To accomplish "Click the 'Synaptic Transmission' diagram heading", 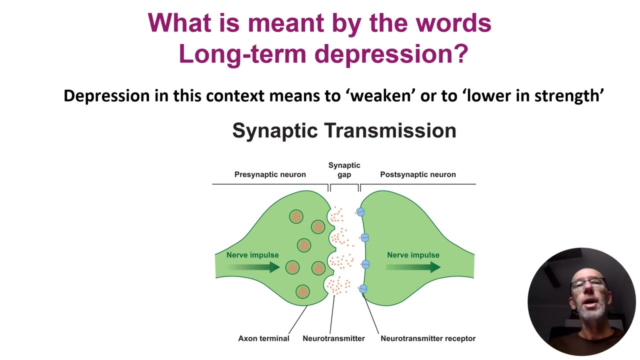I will tap(344, 130).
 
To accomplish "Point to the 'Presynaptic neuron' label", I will tap(270, 174).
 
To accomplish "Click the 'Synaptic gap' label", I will tap(344, 169).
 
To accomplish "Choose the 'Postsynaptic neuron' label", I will tap(417, 174).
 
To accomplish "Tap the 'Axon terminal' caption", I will tap(263, 338).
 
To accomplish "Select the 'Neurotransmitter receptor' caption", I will tap(428, 338).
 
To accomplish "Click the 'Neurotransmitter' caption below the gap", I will tap(333, 338).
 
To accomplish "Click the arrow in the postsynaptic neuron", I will tap(413, 267).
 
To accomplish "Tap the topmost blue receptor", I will tap(360, 212).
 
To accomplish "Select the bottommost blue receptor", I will tap(363, 288).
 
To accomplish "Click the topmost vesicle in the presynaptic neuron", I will tap(296, 216).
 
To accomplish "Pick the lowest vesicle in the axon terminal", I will tap(302, 291).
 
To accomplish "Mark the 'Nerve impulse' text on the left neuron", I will tap(252, 255).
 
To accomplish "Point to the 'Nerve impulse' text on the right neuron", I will tap(413, 255).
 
